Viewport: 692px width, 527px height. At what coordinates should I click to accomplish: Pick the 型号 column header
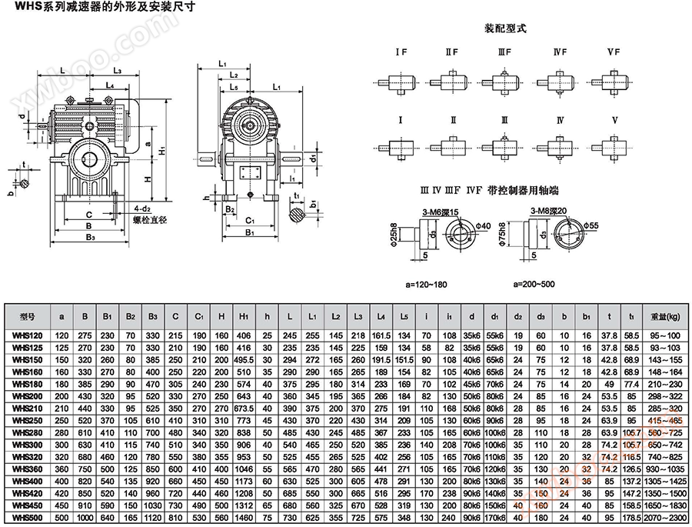click(x=27, y=316)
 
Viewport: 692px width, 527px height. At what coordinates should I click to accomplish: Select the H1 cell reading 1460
click(x=245, y=519)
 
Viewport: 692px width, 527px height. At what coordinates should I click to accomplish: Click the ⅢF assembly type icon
click(x=504, y=81)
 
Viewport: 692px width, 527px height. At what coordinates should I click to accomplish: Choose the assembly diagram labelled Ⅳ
click(x=560, y=146)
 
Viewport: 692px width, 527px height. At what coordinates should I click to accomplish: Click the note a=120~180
click(x=426, y=284)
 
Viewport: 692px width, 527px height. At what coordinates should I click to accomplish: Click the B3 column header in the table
click(x=153, y=316)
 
